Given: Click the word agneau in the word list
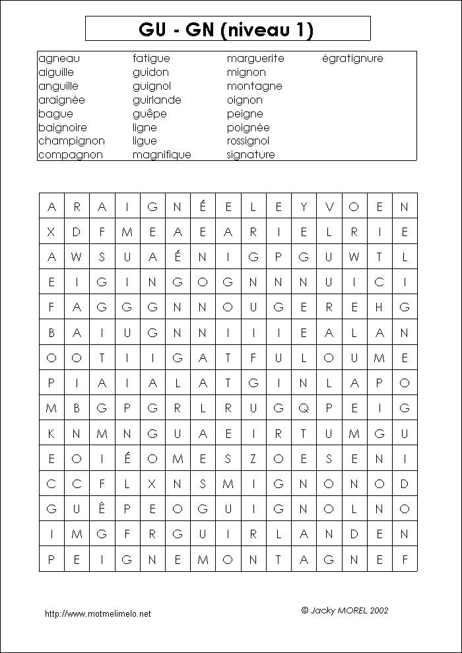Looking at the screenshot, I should point(59,58).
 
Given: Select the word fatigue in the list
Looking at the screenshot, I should point(151,58).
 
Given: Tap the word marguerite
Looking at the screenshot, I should point(255,58).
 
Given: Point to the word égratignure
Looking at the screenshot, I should point(352,58).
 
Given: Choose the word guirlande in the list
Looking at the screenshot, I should point(156,100).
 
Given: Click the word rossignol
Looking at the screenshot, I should point(248,140).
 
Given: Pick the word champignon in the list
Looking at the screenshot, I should point(71,140).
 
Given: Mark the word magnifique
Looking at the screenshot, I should point(162,154).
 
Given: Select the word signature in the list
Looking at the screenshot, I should point(251,154).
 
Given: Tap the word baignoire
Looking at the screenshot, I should point(63,127).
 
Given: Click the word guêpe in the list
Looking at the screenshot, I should point(149,113).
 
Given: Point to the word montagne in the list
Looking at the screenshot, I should point(254,86).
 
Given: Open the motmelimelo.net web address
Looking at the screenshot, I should point(98,613).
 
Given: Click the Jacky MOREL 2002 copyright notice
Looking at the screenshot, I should point(345,610).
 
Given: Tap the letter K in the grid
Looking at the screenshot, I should point(51,433).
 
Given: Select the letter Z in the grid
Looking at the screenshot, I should point(253,458).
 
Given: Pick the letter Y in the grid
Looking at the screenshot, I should point(304,206).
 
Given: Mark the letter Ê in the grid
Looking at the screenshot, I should point(102,509).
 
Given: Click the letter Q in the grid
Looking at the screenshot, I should point(304,408).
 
